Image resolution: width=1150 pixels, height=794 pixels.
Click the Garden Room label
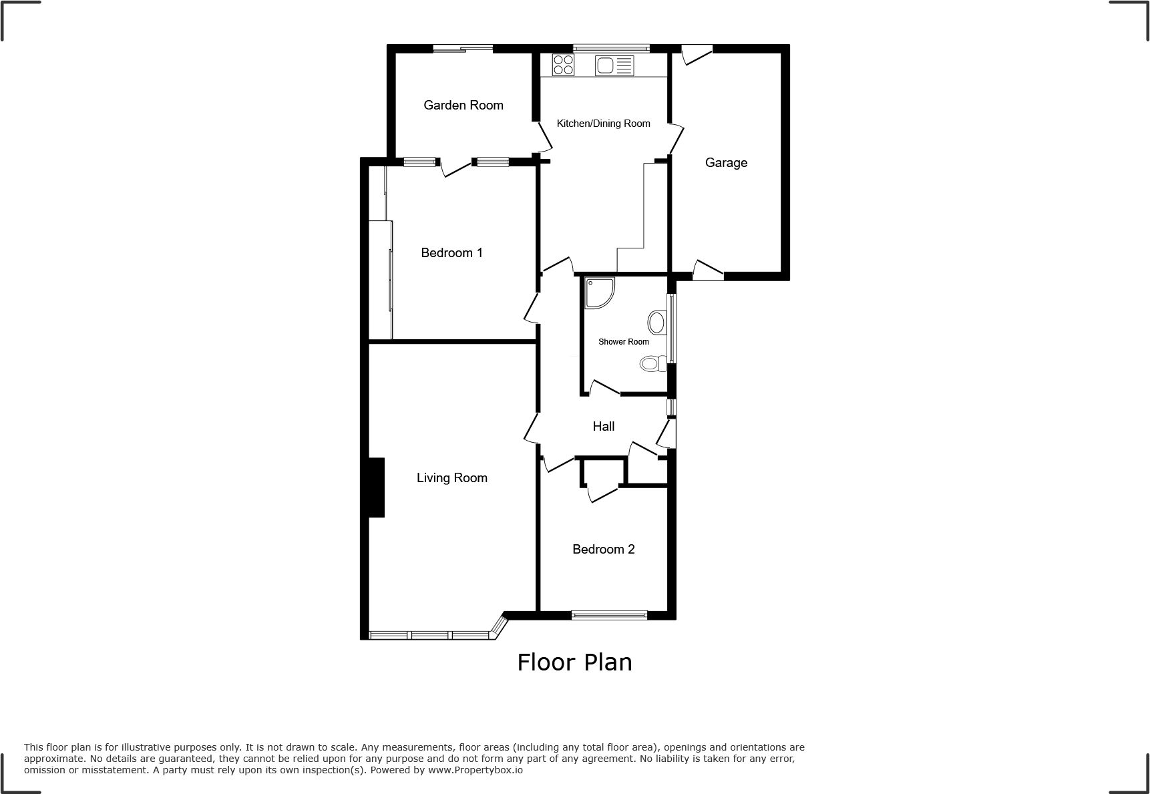point(463,105)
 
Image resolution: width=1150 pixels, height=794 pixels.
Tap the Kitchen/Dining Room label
point(603,124)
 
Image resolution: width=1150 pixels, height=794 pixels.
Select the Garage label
point(726,163)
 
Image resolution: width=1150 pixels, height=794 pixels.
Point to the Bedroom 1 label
point(451,252)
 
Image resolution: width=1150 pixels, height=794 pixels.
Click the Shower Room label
point(623,342)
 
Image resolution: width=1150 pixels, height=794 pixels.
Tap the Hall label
point(604,426)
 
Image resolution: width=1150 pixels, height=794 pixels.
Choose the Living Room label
point(452,477)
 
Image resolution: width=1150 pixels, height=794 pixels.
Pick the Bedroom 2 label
point(603,549)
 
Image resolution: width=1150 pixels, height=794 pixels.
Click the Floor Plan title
point(574,662)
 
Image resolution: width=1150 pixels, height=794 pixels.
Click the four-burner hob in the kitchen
point(563,65)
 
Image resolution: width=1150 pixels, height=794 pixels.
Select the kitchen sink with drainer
point(614,65)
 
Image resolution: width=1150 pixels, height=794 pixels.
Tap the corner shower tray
point(599,293)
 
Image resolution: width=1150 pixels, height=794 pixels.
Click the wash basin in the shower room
point(657,323)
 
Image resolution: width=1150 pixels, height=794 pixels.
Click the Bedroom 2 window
point(609,615)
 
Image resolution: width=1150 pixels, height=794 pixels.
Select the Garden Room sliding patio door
point(463,48)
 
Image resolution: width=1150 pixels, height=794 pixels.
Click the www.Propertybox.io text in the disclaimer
point(475,770)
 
